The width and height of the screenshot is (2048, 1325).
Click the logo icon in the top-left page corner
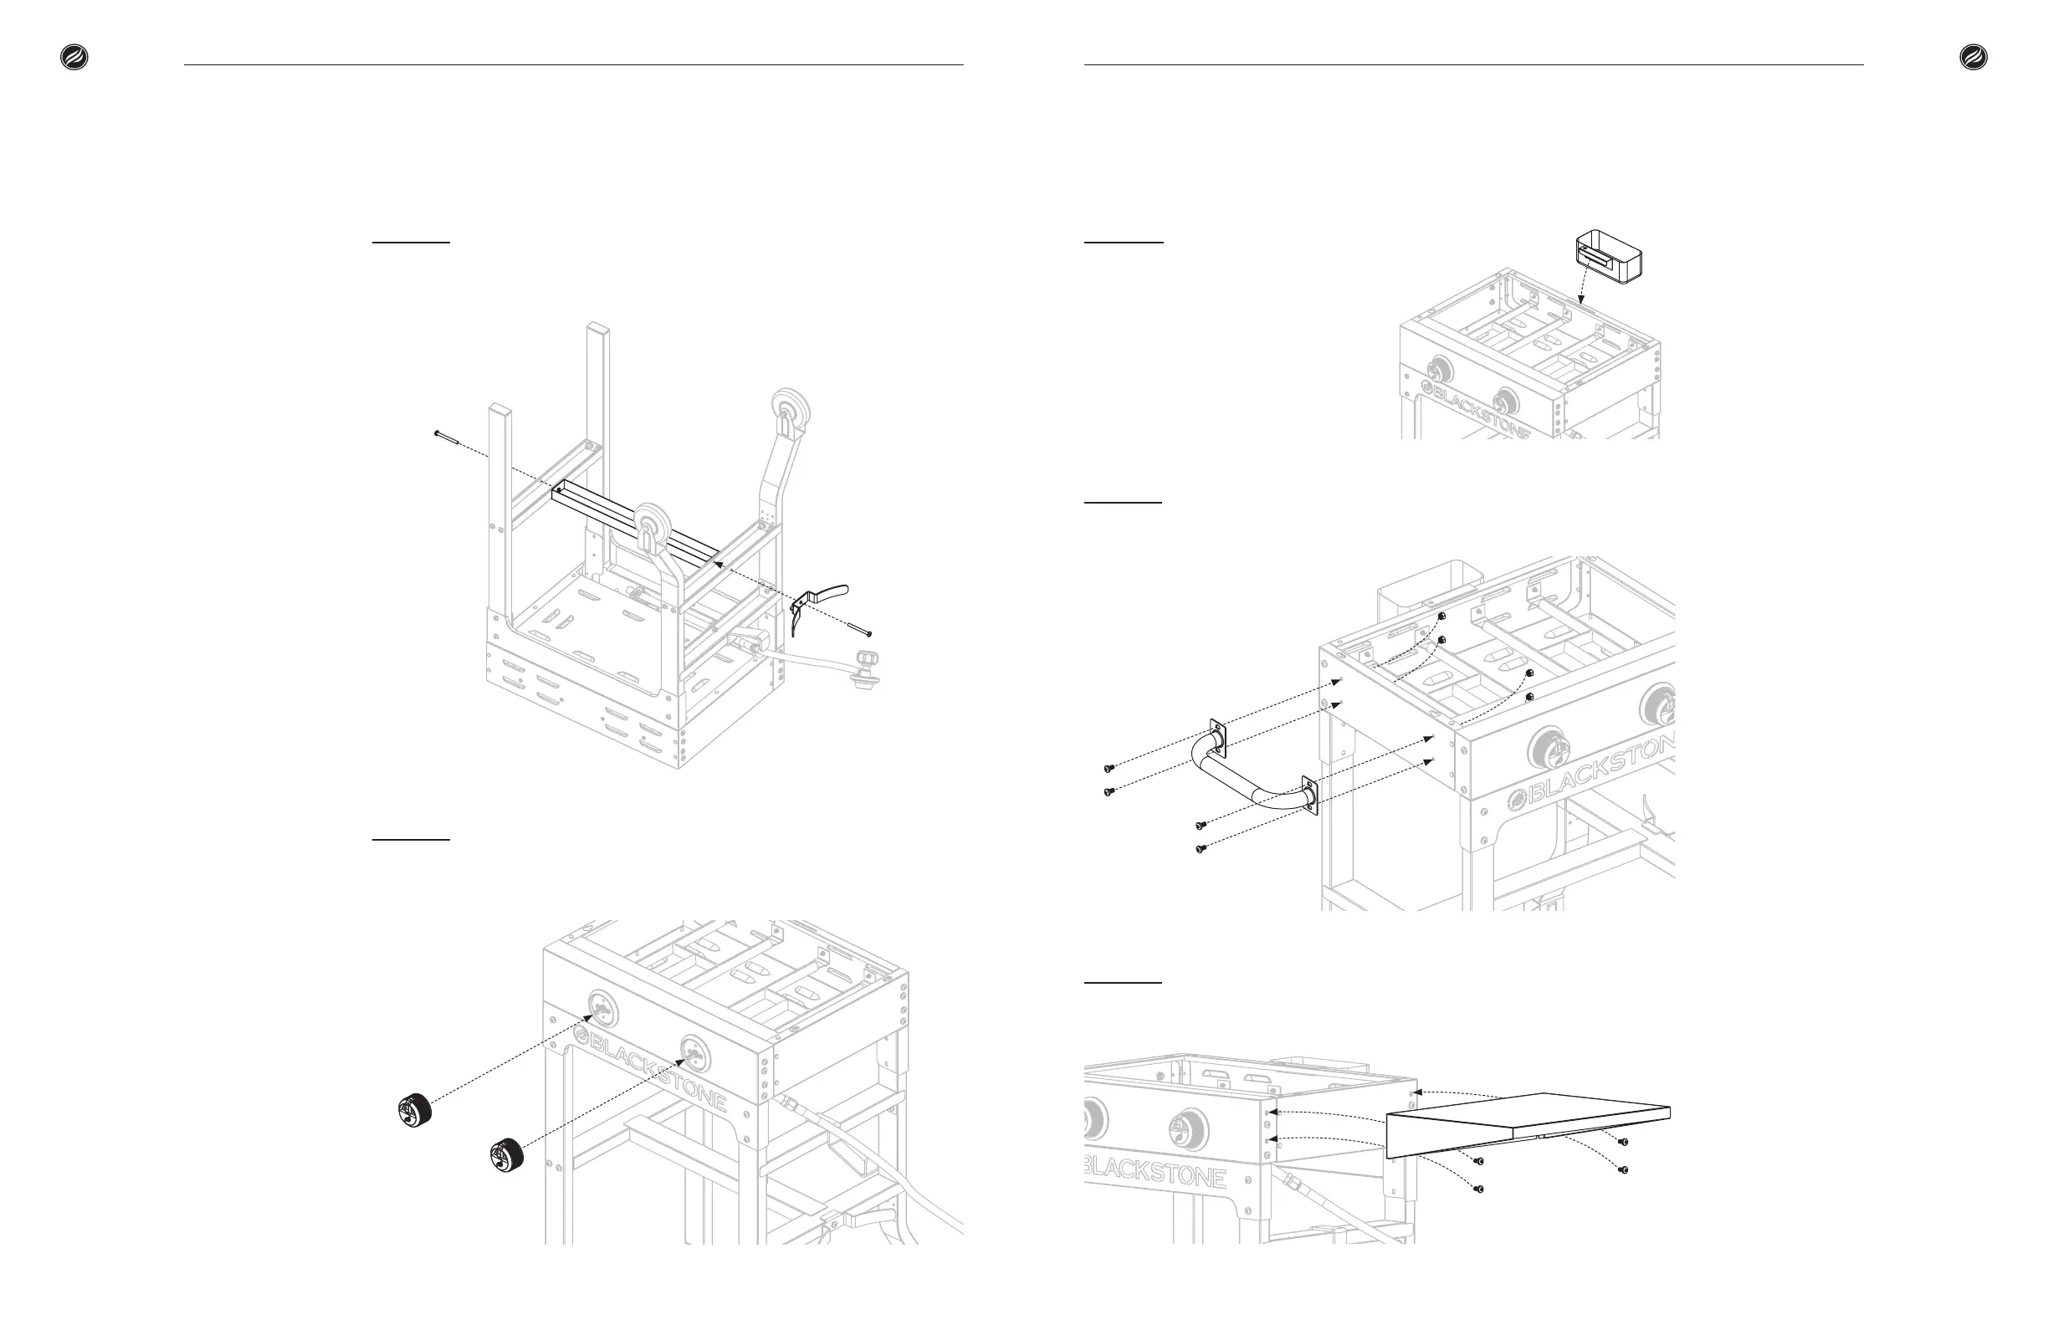click(x=74, y=58)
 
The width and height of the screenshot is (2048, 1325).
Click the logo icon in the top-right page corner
click(x=1974, y=58)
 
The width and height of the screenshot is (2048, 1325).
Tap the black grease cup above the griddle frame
click(x=1607, y=258)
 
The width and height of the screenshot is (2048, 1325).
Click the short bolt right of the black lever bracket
click(x=861, y=631)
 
